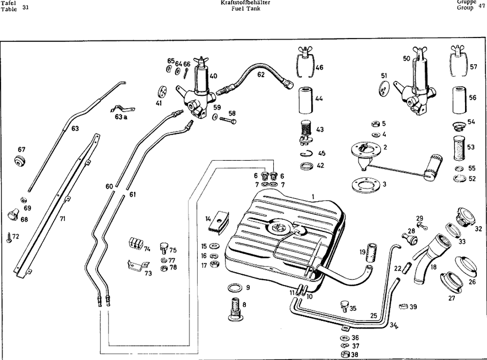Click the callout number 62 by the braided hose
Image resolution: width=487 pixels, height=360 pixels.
coord(261,75)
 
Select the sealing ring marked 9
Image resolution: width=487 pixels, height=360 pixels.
coord(235,287)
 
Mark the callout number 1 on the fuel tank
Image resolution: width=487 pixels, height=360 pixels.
coord(314,195)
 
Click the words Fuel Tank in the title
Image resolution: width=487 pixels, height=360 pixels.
coord(246,9)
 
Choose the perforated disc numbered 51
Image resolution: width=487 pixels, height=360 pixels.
coord(385,88)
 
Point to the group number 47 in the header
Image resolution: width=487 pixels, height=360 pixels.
coord(482,6)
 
